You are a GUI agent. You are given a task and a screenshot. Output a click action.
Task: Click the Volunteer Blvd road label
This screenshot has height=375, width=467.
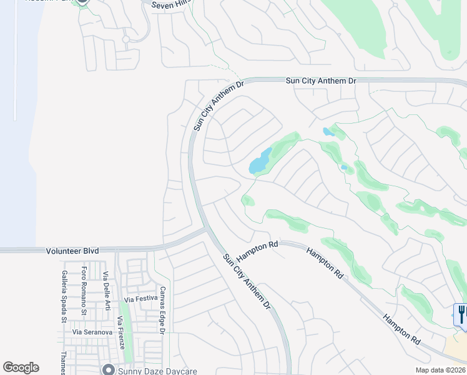[72, 251]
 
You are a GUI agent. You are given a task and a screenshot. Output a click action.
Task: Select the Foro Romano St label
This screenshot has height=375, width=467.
[84, 287]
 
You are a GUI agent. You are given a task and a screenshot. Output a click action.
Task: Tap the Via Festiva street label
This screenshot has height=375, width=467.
[140, 299]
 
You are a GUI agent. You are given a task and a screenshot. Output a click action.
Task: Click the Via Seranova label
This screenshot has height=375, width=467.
[91, 332]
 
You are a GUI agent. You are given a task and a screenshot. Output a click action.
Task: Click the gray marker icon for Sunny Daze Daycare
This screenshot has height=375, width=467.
[109, 369]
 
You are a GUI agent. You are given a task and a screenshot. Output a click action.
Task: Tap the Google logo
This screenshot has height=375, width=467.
[21, 367]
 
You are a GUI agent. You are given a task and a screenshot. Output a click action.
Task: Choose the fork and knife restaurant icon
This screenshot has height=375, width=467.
[461, 314]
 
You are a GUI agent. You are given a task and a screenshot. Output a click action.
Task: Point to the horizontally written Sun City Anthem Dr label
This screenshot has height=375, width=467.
[320, 81]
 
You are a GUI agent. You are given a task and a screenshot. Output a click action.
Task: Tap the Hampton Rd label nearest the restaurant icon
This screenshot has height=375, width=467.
[401, 329]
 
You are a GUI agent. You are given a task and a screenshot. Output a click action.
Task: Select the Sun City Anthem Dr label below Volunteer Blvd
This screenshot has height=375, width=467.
[247, 282]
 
